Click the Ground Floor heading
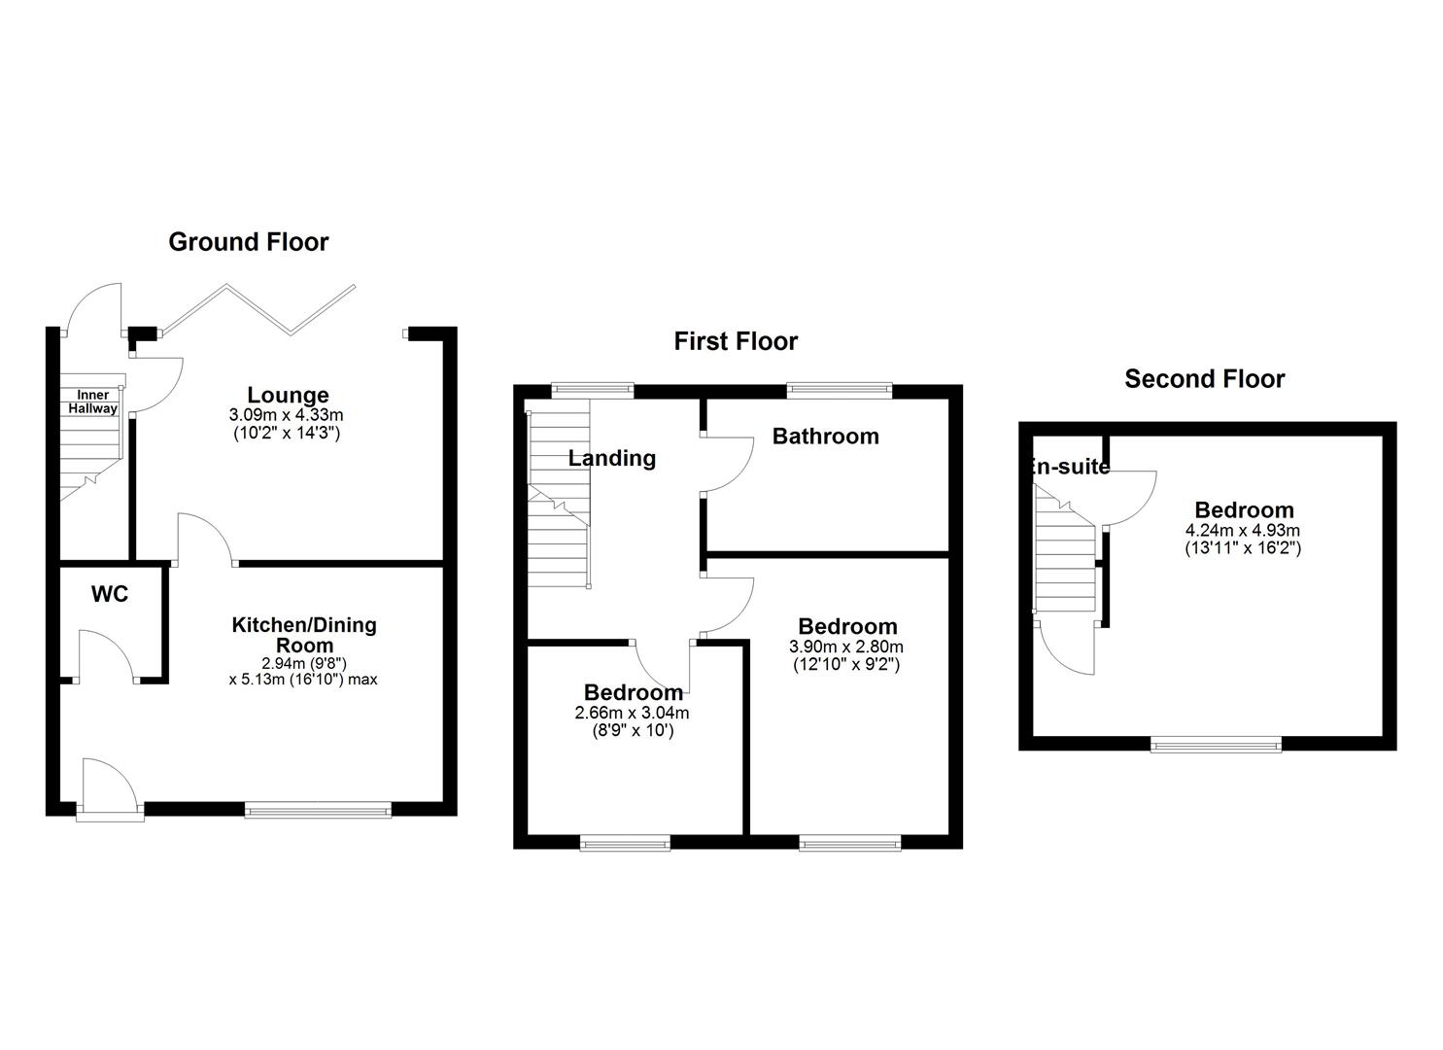pos(249,242)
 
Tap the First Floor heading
pos(736,341)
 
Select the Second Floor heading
pos(1205,379)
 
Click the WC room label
pos(110,594)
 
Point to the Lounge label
pos(288,395)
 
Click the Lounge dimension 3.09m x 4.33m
pos(286,414)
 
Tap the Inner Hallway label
pos(93,402)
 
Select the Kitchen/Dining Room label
pos(304,635)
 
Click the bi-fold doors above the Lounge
pos(258,310)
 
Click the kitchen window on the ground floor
pos(318,810)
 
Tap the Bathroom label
pos(825,437)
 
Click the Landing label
pos(612,458)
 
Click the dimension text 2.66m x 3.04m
pos(632,713)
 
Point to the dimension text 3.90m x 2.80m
pos(845,647)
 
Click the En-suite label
pos(1069,466)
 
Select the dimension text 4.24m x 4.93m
pos(1243,531)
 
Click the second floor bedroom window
pos(1217,745)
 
